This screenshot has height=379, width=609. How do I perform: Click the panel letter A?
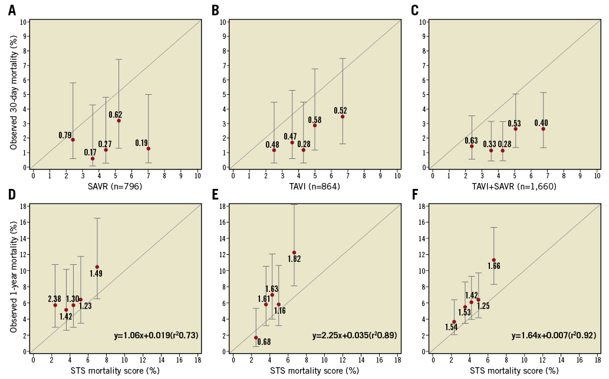11,10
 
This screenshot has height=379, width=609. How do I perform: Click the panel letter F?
415,194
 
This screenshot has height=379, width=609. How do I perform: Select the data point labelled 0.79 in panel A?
73,139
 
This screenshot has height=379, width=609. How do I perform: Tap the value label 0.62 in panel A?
115,114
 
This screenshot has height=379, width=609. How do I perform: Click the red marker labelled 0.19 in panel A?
149,148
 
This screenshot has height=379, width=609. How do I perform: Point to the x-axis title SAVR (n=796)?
116,187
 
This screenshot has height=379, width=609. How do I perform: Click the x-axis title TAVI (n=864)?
315,187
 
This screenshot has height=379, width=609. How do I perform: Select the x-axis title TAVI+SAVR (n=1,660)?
514,187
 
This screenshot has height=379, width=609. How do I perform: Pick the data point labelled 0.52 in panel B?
343,117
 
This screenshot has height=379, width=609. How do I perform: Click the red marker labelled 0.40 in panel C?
543,129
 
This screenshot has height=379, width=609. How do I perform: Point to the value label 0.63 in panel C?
471,140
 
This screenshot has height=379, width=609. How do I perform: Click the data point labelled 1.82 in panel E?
294,252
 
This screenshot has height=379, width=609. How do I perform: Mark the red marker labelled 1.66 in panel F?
493,260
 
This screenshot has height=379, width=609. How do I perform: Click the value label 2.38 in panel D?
55,299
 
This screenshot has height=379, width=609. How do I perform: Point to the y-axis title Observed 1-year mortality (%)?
12,277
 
